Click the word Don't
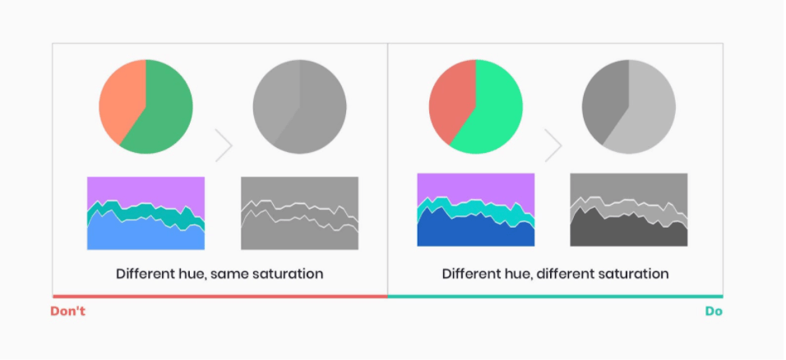(68, 312)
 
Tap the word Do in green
(714, 312)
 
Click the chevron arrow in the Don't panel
(224, 145)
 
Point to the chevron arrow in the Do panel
(553, 145)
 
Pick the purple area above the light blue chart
(146, 190)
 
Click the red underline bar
(220, 297)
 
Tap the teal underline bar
(556, 297)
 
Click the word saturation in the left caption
(288, 274)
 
